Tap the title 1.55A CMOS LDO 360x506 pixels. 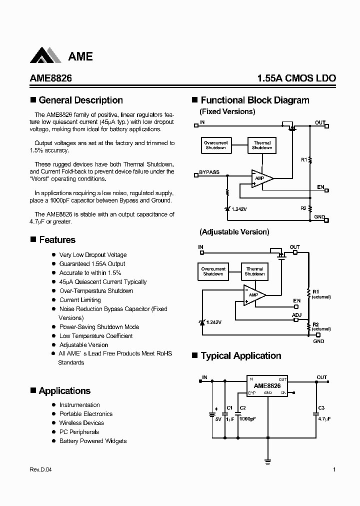pos(296,78)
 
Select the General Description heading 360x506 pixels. pos(80,100)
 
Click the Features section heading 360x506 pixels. pos(57,240)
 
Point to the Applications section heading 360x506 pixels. pos(64,391)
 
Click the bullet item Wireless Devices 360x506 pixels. pos(81,423)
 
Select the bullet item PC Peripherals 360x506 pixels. pos(79,432)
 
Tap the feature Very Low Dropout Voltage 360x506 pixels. pos(93,255)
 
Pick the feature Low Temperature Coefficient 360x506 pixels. pos(96,336)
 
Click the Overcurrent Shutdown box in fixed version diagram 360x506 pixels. pos(215,145)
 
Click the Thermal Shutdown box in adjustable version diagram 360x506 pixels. pos(254,271)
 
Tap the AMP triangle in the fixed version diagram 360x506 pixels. pos(261,178)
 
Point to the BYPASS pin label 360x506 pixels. pos(209,172)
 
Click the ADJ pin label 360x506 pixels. pos(296,315)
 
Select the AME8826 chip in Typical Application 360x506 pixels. pos(267,386)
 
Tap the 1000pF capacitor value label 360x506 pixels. pos(247,419)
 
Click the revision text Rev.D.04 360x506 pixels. pos(40,469)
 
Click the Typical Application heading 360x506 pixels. pos(240,356)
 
